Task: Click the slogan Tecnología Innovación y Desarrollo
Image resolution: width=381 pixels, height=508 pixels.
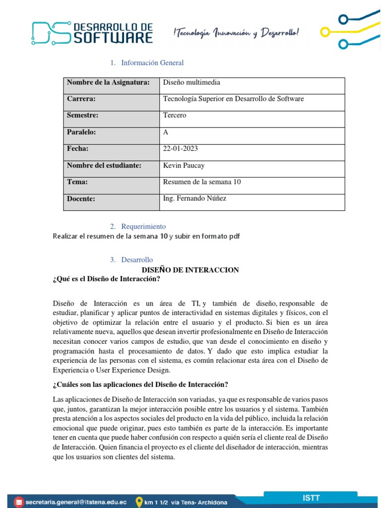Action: point(236,33)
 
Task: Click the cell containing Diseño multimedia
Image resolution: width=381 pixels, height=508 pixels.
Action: point(191,82)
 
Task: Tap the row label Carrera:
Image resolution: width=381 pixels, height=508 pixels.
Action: point(81,99)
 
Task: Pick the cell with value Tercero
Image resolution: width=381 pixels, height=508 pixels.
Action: point(175,116)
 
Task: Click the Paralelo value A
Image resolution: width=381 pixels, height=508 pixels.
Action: point(166,132)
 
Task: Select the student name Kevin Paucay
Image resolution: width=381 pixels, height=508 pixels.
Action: point(184,166)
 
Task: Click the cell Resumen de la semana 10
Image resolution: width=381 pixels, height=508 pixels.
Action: point(201,182)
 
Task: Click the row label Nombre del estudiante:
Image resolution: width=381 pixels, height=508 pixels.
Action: point(104,166)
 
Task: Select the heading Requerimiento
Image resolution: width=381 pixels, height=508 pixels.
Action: point(143,227)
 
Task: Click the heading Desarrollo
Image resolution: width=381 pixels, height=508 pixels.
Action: point(137,260)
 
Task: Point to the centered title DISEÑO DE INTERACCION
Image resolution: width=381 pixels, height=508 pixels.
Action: point(190,270)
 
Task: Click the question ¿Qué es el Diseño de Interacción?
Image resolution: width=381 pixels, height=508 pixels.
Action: point(107,279)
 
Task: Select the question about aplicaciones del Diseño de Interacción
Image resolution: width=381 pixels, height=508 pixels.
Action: point(140,385)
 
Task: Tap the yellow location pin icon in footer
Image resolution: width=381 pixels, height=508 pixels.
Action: point(139,501)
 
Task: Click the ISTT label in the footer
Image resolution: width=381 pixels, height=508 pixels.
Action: point(311,498)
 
